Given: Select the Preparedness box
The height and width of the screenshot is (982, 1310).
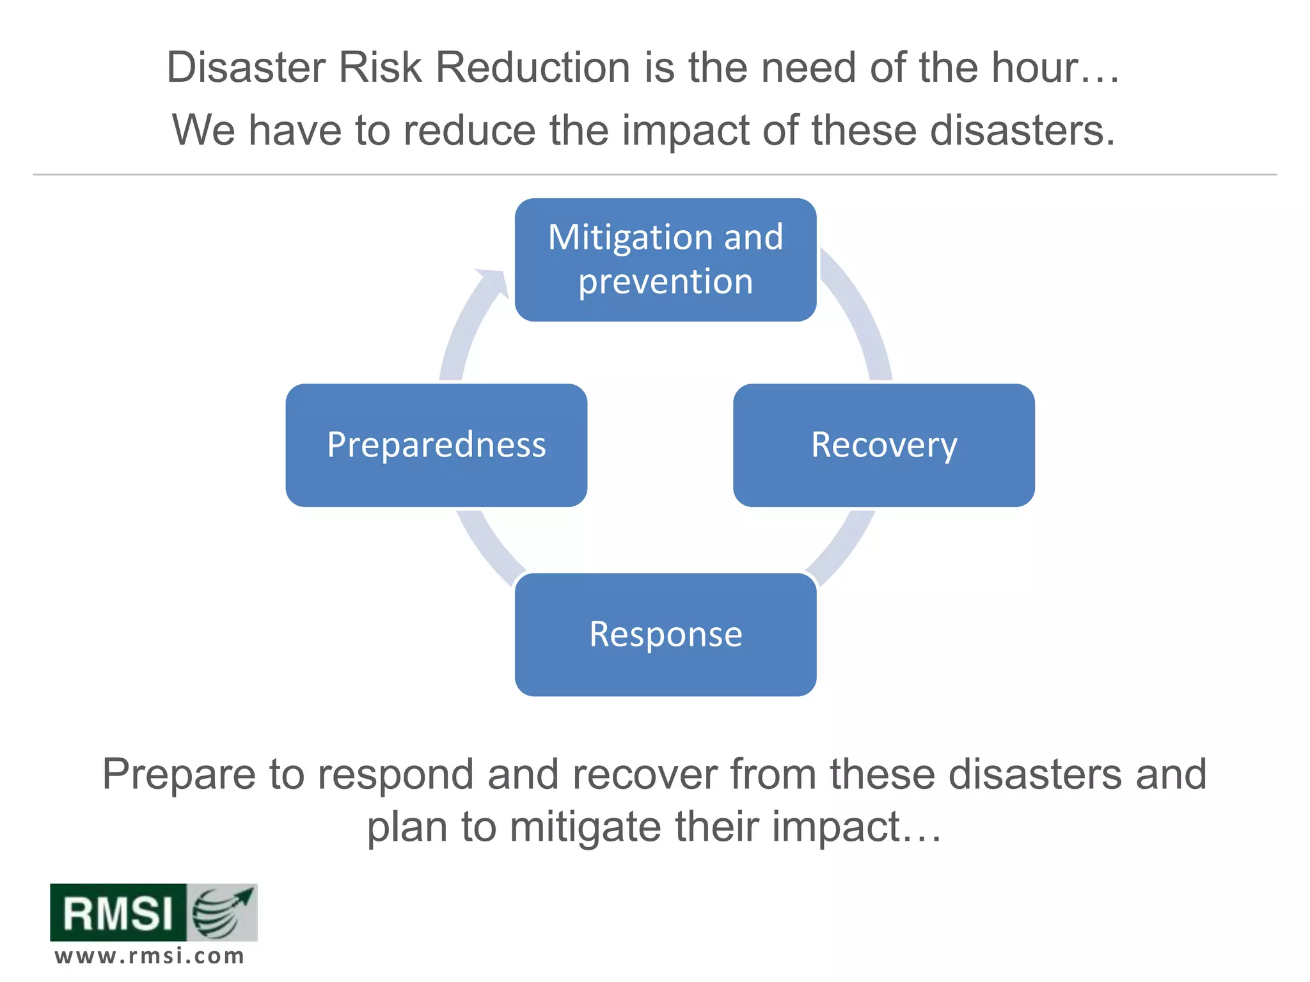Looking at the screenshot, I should pyautogui.click(x=436, y=446).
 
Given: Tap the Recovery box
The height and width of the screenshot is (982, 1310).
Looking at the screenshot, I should pyautogui.click(x=883, y=446).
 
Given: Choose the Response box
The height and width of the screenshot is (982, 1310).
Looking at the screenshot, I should pyautogui.click(x=665, y=635).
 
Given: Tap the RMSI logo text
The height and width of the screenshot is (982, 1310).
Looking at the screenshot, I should pyautogui.click(x=118, y=913).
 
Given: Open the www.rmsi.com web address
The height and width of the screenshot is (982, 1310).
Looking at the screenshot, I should pyautogui.click(x=150, y=956).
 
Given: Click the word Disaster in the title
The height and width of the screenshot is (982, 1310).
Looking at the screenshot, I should pyautogui.click(x=247, y=67).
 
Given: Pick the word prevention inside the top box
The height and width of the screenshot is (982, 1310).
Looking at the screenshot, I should pyautogui.click(x=665, y=282).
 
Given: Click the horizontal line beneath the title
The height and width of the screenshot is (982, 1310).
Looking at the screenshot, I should pyautogui.click(x=654, y=174).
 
